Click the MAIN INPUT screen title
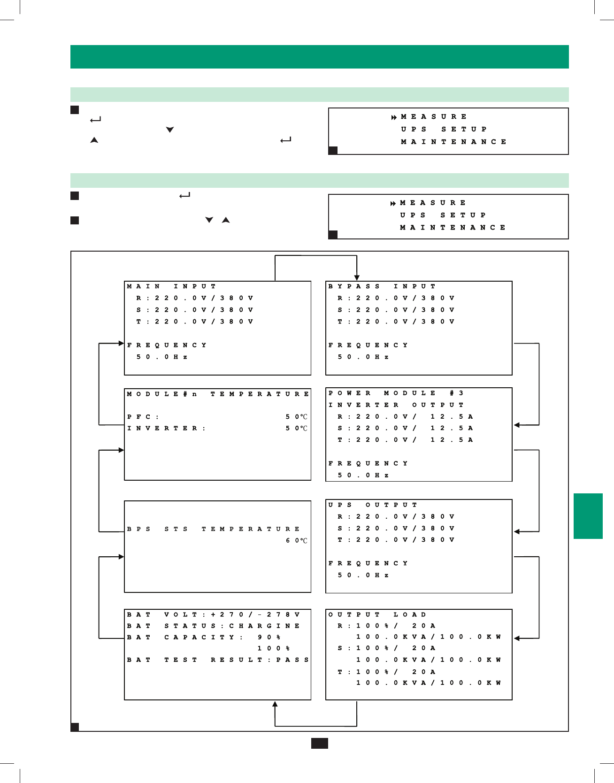tap(171, 286)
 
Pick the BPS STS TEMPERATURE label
tap(213, 529)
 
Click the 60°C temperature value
tap(297, 541)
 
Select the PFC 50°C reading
tap(297, 417)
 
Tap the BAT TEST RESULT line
tap(218, 660)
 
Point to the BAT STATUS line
tap(214, 626)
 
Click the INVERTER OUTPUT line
tap(396, 405)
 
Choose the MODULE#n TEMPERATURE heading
tap(218, 394)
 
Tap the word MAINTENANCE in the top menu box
tap(453, 142)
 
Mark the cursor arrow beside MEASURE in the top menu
tap(394, 117)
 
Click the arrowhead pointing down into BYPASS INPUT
tap(357, 277)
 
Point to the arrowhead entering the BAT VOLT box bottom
tap(275, 704)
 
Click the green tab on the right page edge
tap(588, 516)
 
